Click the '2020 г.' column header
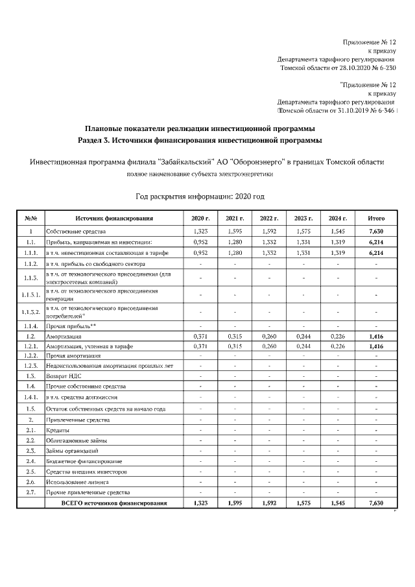200,219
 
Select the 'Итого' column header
375,219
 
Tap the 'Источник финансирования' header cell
113,219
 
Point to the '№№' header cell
30,219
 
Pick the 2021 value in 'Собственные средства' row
234,231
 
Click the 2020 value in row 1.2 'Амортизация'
200,337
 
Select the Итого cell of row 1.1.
375,242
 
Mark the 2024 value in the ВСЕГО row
338,503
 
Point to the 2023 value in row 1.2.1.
303,347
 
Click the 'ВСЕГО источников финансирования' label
113,503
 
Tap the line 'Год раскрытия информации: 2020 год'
200,196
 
